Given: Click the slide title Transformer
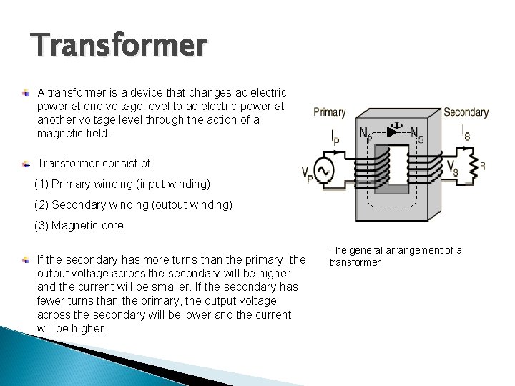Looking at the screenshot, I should [119, 46].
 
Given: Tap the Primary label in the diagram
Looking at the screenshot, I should [330, 112].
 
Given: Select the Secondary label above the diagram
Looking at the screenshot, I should [466, 112].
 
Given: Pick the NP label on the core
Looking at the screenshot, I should [365, 134].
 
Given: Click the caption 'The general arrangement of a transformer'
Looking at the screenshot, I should [395, 256].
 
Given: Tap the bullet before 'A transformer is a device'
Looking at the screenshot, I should [26, 94].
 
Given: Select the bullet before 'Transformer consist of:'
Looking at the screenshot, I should [26, 162].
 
